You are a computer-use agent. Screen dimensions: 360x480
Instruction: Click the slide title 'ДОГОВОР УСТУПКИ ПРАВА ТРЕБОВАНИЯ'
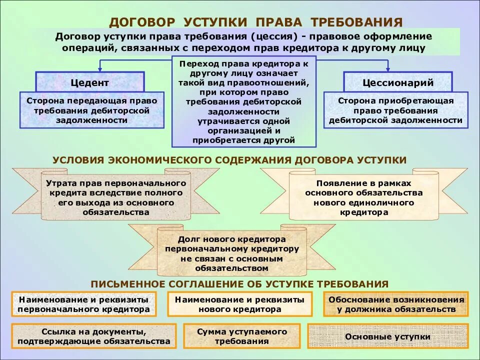255,22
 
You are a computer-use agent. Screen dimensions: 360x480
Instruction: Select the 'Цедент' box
89,82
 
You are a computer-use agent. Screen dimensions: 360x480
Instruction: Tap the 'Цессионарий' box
397,82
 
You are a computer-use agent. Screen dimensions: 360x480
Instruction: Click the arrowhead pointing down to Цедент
100,68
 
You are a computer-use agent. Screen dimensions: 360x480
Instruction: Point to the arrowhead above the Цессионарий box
387,68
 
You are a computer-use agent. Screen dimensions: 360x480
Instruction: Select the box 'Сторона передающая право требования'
91,110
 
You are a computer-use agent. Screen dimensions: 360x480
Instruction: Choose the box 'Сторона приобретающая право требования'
395,110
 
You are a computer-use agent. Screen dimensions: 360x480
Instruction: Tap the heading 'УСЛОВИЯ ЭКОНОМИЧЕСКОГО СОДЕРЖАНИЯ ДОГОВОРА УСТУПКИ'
229,160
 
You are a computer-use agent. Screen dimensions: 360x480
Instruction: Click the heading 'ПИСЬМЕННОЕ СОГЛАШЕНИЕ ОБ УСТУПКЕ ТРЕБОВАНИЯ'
239,284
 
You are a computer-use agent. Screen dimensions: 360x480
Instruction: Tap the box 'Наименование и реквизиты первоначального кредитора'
83,304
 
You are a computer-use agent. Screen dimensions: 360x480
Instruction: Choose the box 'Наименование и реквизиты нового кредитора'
239,304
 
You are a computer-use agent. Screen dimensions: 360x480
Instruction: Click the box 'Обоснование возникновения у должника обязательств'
396,304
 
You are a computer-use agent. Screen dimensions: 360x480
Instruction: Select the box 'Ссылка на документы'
94,336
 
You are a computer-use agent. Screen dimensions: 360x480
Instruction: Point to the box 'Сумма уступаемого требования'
242,336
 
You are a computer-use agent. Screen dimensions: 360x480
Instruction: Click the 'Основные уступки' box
388,336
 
